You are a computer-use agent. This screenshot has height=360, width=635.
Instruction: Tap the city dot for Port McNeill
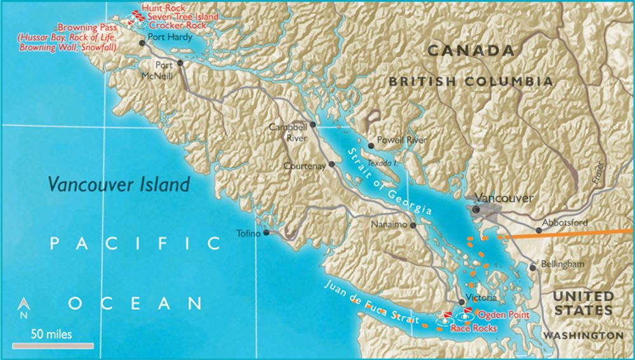coord(180,63)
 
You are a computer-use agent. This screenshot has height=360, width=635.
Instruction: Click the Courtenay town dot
coord(331,166)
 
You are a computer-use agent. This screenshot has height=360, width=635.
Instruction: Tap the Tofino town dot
coord(267,233)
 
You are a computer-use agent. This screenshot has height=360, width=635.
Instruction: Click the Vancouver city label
coord(506,198)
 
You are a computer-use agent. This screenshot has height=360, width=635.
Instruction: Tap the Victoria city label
coord(476,297)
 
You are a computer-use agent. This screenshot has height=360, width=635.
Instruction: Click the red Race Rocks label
coord(474,328)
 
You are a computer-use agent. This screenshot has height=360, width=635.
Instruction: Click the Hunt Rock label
coord(164,8)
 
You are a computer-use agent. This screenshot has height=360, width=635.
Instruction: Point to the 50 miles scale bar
coord(53,346)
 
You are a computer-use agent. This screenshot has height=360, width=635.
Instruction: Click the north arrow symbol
coord(22,308)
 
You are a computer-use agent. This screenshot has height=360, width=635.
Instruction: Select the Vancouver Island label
coord(119,185)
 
